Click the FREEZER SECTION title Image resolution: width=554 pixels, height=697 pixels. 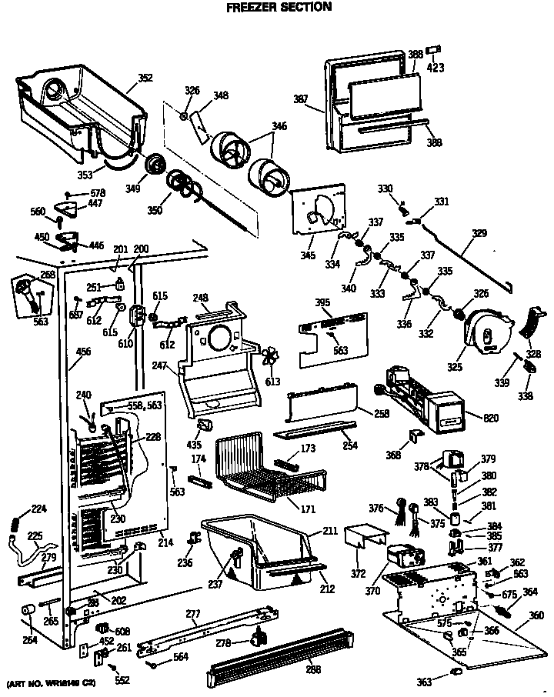(x=279, y=7)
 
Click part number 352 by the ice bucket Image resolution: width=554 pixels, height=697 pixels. (x=145, y=78)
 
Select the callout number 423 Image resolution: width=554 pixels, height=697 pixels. (x=436, y=67)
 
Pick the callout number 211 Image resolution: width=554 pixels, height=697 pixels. (x=331, y=532)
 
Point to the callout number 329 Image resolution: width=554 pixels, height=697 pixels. (x=479, y=232)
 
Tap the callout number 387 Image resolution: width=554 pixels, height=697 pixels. (x=301, y=98)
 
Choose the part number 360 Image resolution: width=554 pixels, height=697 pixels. (x=536, y=615)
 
